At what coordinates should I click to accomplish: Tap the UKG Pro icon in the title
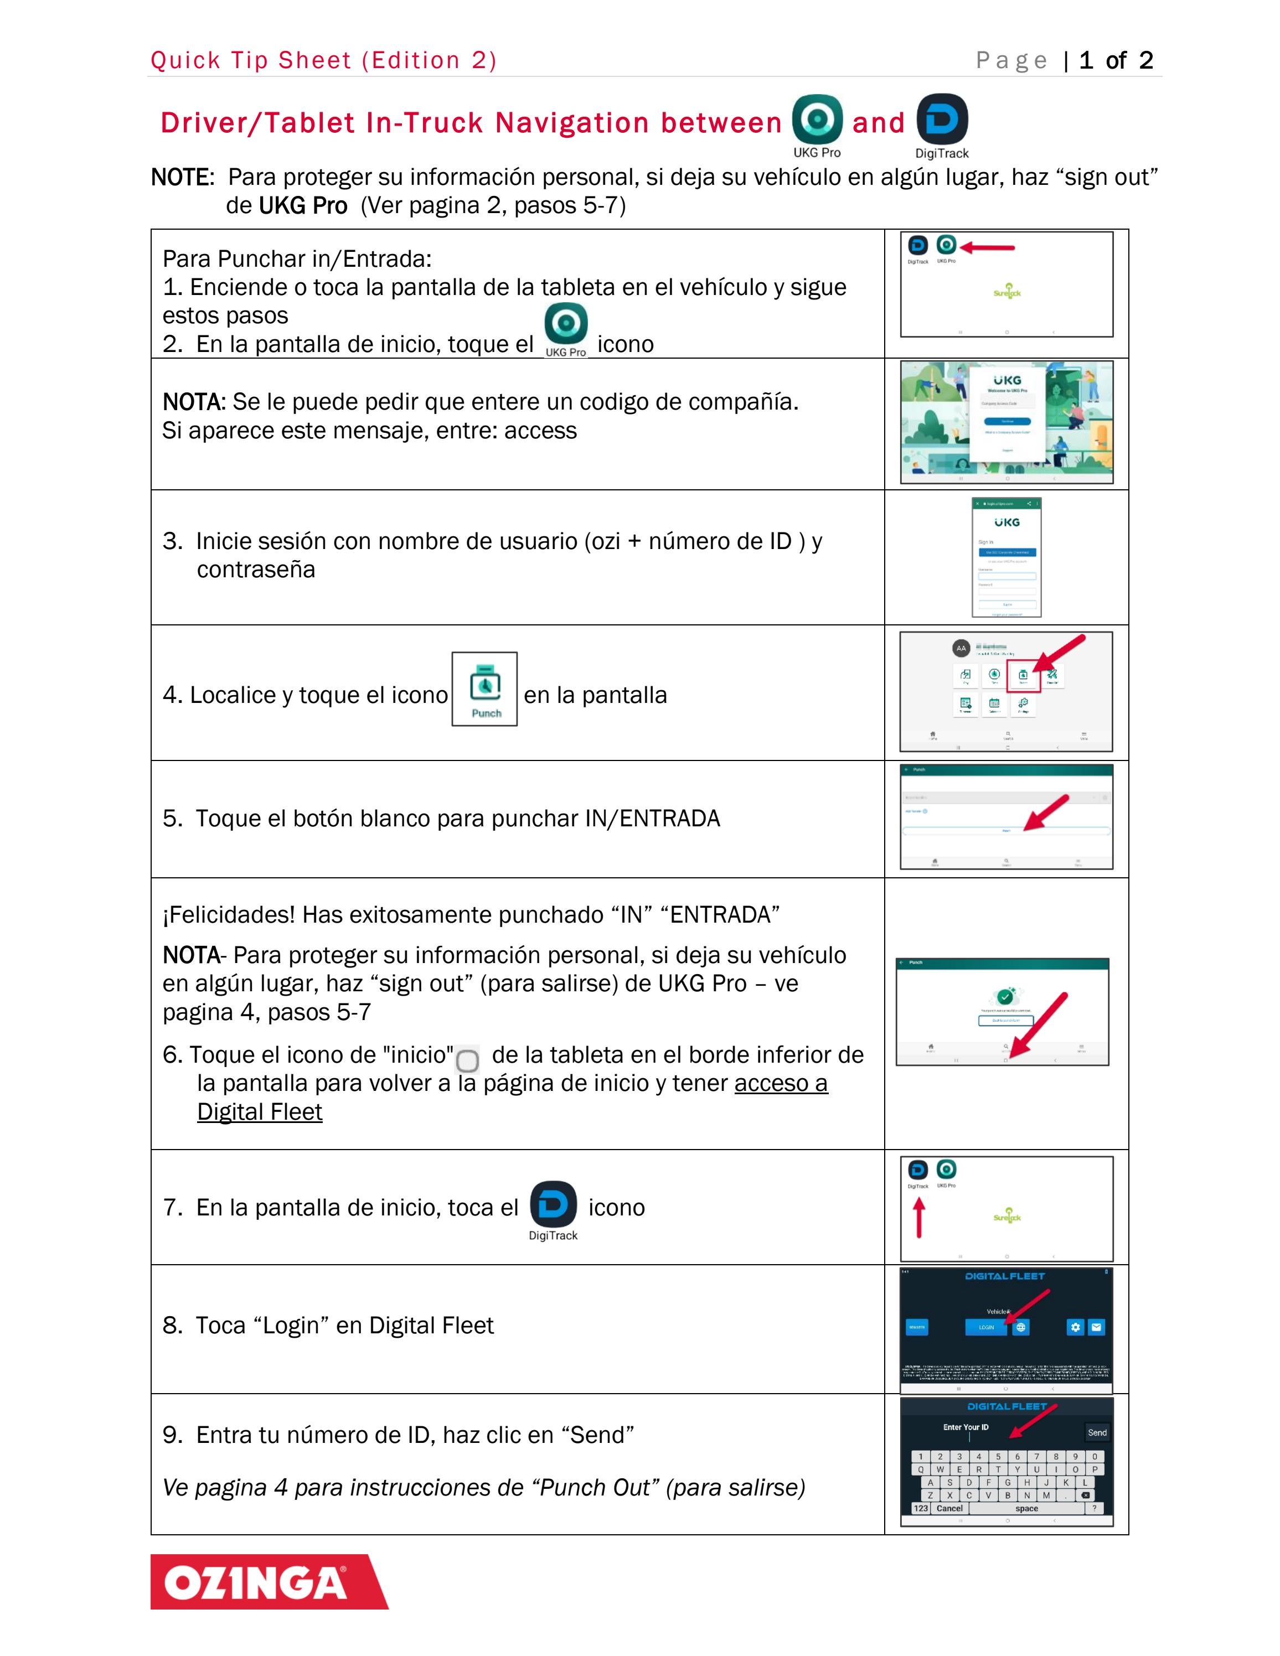tap(817, 120)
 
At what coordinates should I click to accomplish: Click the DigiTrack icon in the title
tap(942, 120)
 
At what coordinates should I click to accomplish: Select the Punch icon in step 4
tap(484, 689)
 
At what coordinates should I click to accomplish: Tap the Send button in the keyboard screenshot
tap(1097, 1432)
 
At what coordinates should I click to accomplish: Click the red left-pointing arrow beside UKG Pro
tap(987, 247)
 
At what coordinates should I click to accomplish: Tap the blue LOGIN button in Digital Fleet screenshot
tap(986, 1327)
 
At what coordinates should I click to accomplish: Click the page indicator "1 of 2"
tap(1116, 61)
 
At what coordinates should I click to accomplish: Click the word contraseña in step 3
tap(256, 570)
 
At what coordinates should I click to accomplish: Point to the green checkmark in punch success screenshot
tap(1005, 996)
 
